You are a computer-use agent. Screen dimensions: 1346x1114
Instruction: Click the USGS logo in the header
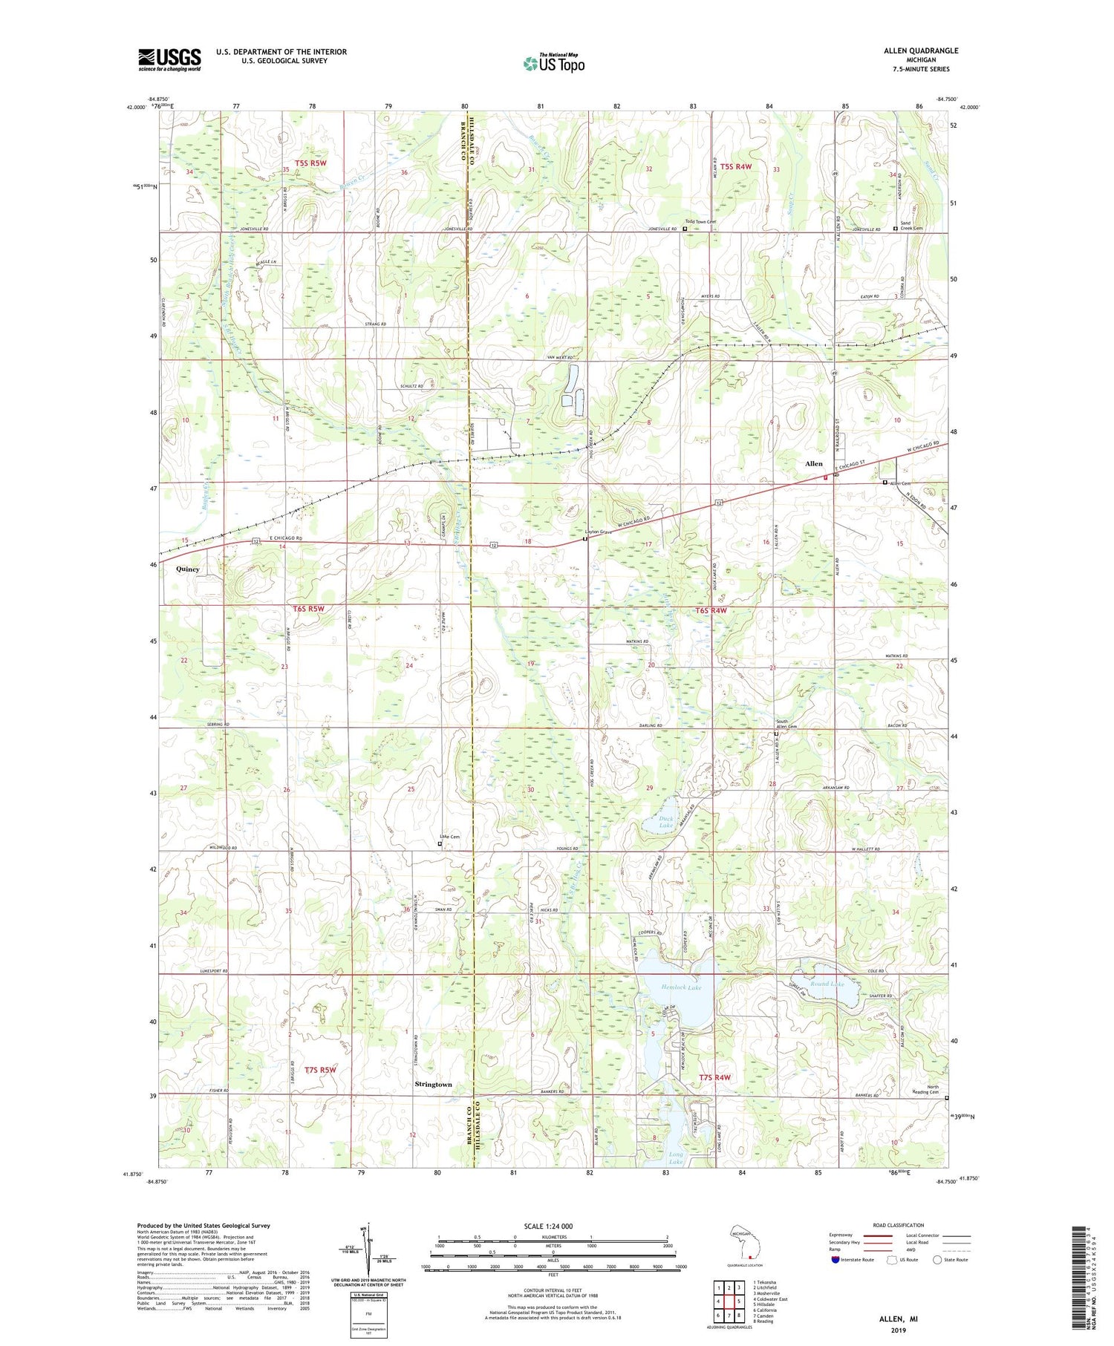[x=169, y=59]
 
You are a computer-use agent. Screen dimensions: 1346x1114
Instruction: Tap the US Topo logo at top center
[x=553, y=64]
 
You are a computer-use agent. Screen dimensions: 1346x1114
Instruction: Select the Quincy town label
[x=188, y=569]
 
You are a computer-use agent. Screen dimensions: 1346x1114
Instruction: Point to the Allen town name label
[x=814, y=464]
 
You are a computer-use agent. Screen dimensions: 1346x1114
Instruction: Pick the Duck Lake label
[x=665, y=822]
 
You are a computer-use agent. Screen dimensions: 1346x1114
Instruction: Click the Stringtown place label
[x=433, y=1085]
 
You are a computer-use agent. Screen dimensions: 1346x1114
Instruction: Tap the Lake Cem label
[x=449, y=837]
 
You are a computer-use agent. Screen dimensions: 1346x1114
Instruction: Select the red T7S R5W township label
[x=320, y=1070]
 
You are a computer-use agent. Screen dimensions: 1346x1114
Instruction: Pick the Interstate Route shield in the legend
[x=835, y=1260]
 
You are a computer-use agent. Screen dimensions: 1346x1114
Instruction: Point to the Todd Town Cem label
[x=700, y=222]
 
